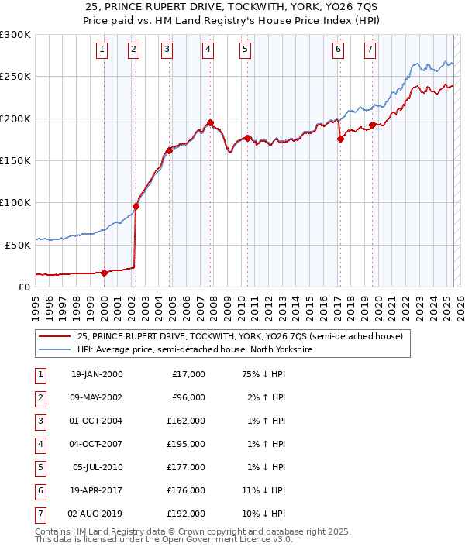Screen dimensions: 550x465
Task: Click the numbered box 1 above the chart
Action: [x=102, y=50]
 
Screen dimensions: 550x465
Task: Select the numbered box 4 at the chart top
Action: [x=209, y=50]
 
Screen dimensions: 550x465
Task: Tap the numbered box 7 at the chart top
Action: [x=370, y=50]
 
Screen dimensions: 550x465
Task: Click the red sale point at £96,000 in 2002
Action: [x=136, y=206]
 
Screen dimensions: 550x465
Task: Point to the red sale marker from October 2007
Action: [x=210, y=122]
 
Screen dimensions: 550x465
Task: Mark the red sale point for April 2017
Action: [x=340, y=139]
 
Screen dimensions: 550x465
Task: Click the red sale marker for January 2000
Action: [x=104, y=273]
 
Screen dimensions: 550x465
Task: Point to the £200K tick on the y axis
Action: [x=15, y=119]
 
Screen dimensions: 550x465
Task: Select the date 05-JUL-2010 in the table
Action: [x=97, y=467]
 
